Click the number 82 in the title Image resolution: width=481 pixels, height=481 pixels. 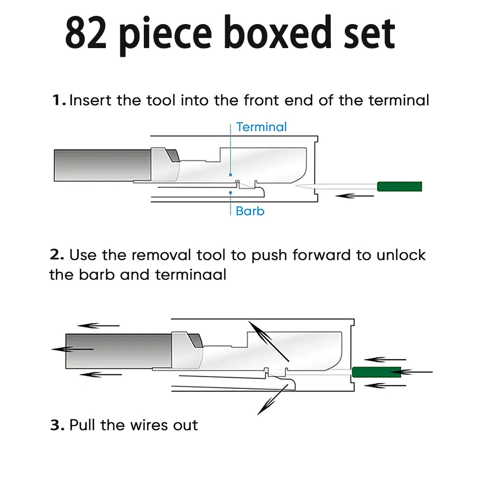tap(87, 34)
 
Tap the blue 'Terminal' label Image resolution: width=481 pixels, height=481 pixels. tap(261, 127)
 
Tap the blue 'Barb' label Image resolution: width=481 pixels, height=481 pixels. tap(250, 211)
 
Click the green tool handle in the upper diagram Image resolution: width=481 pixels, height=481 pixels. tap(400, 187)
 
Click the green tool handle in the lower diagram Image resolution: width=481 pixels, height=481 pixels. tap(377, 372)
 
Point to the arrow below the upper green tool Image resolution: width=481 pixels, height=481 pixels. tap(354, 195)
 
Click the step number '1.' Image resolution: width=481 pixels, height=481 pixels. tap(59, 101)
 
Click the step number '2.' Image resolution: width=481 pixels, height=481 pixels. tap(57, 254)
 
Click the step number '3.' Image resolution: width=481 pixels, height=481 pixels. tap(57, 425)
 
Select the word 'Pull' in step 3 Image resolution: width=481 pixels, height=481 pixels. tap(86, 425)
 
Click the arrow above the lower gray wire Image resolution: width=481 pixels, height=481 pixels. tap(98, 326)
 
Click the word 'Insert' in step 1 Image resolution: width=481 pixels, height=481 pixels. tap(91, 101)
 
